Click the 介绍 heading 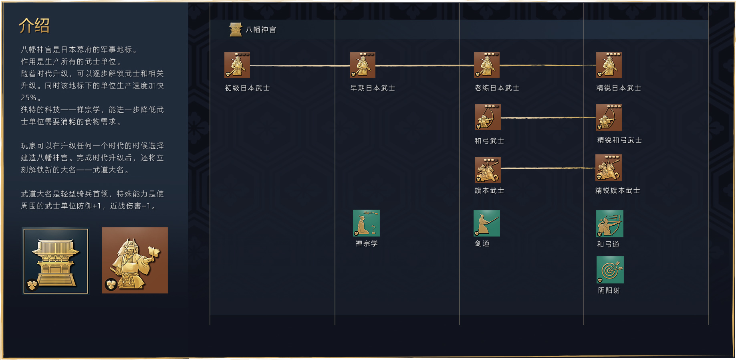tap(34, 26)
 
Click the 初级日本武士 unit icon tap(237, 65)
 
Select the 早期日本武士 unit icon tap(363, 65)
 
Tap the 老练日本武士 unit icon tap(487, 65)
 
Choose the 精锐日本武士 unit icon tap(609, 65)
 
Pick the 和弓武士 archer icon tap(488, 117)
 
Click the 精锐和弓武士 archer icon tap(609, 117)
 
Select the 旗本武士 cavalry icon tap(488, 170)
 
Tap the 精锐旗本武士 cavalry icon tap(609, 168)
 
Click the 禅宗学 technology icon tap(366, 223)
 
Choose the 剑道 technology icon tap(487, 223)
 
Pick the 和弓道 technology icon tap(610, 224)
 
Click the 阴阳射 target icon tap(610, 270)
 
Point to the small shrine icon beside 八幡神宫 tap(236, 30)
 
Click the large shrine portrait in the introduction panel tap(56, 261)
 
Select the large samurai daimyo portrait tap(135, 260)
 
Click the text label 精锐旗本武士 tap(617, 190)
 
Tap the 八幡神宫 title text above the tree tap(261, 30)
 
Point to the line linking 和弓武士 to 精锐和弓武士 tap(548, 118)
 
